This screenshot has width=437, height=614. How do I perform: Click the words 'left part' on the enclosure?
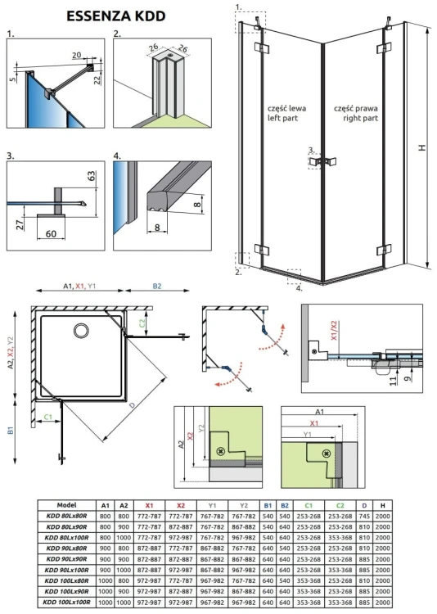(x=281, y=119)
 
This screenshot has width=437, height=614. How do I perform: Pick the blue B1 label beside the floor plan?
(x=9, y=428)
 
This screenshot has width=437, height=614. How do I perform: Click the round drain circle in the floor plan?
(x=81, y=330)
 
